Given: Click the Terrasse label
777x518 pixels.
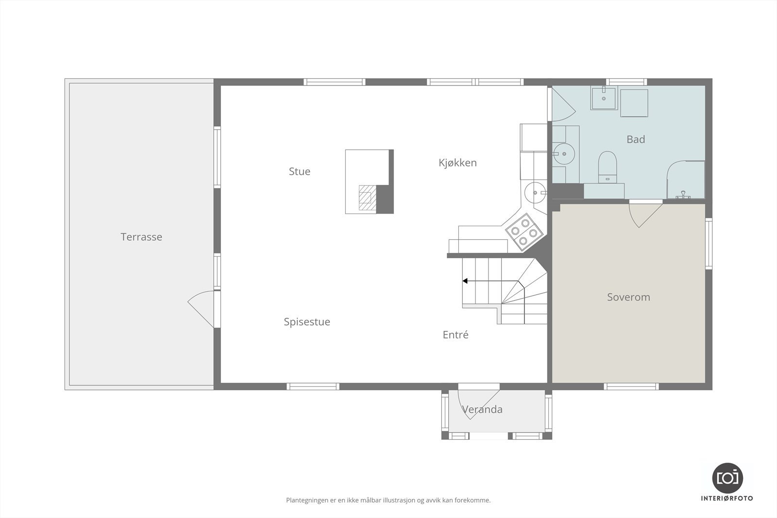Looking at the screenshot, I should pos(141,237).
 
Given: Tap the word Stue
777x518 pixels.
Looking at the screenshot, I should pos(299,171).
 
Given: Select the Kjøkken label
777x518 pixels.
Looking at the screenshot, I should pos(457,163).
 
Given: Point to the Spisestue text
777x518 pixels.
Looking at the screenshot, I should pos(307,322).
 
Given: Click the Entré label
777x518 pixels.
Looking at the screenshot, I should pos(456,334).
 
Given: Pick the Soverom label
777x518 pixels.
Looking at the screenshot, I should pos(628,297).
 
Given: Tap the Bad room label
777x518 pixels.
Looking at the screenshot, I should pos(636,139).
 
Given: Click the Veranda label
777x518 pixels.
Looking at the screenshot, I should pos(482,409).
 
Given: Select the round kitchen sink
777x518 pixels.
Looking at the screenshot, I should pos(535,193).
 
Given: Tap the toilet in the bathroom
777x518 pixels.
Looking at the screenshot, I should pos(607,167).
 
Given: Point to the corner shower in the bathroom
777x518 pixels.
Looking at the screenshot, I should pos(686,180).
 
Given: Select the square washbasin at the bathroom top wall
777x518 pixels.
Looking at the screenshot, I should pos(604,99).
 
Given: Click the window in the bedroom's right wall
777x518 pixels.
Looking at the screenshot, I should pos(709,244).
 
